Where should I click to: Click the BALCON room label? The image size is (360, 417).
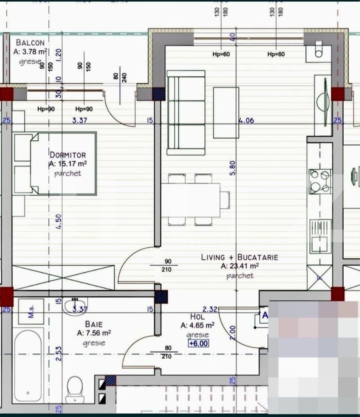click(30, 43)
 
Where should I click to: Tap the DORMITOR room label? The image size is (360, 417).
click(67, 154)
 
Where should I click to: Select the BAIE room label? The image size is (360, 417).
click(94, 324)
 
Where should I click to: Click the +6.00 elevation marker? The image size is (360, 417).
click(198, 344)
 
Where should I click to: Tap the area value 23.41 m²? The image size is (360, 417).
click(243, 266)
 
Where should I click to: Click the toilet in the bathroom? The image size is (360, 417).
click(75, 389)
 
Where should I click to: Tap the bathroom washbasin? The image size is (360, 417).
click(76, 306)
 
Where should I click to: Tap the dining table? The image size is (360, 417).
click(190, 200)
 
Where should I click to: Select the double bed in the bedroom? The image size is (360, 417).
click(63, 164)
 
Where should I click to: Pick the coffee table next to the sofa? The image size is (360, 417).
click(226, 112)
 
